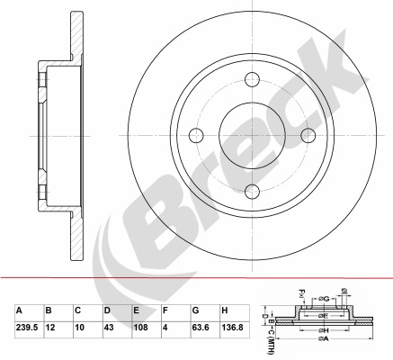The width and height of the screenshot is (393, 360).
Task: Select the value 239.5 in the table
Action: pos(27,327)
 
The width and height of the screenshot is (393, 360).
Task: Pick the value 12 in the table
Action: pos(50,327)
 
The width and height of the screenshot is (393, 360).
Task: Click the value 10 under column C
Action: pos(80,327)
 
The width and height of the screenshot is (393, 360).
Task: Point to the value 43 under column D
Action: pos(109,327)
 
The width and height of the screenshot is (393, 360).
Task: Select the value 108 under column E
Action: pos(140,327)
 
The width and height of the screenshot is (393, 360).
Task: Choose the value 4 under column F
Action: pos(165,327)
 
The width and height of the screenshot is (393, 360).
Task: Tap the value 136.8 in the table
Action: pos(232,327)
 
